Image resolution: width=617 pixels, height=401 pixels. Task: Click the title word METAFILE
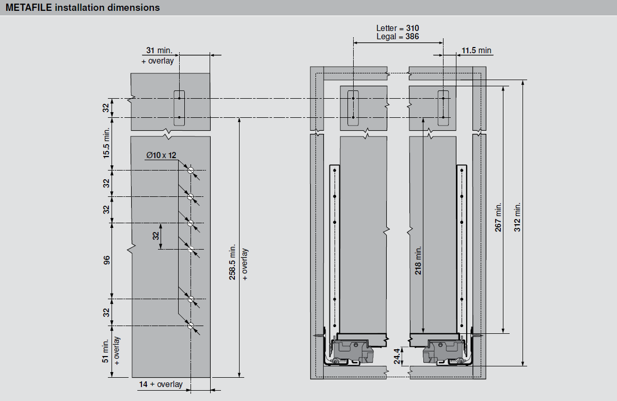(29, 7)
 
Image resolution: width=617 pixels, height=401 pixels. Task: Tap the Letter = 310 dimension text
(398, 28)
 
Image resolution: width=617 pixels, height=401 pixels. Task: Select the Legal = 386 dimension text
(398, 37)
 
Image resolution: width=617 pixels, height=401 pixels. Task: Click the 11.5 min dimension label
(476, 51)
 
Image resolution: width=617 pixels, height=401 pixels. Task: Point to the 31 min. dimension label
(159, 51)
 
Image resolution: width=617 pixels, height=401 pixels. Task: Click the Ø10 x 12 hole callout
(161, 155)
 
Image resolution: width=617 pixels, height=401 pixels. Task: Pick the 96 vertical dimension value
(107, 260)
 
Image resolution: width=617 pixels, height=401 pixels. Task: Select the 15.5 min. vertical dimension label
(107, 143)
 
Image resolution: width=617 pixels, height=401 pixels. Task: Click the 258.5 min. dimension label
(232, 262)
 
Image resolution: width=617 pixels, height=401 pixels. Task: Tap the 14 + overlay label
(161, 384)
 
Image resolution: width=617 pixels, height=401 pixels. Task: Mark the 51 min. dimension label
(105, 351)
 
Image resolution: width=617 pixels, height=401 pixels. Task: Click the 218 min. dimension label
(418, 260)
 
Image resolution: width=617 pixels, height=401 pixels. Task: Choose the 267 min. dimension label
(498, 217)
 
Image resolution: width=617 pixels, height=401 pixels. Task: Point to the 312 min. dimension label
(517, 217)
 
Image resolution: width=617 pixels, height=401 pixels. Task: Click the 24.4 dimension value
(398, 356)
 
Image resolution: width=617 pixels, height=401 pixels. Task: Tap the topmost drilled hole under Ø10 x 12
(191, 171)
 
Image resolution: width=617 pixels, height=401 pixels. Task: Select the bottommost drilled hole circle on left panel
(191, 326)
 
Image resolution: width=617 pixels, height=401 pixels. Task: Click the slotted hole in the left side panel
(179, 108)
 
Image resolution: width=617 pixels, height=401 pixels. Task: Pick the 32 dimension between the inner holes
(156, 236)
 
